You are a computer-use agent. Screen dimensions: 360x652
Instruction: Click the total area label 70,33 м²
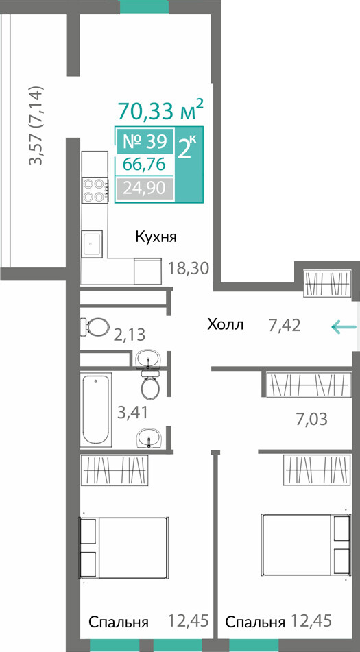pyautogui.click(x=161, y=109)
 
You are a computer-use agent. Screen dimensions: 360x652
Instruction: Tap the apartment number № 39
pyautogui.click(x=145, y=142)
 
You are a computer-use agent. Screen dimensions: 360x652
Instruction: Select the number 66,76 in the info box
pyautogui.click(x=145, y=165)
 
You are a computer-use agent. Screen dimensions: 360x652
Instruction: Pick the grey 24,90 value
pyautogui.click(x=145, y=189)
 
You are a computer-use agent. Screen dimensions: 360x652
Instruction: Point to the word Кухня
pyautogui.click(x=156, y=237)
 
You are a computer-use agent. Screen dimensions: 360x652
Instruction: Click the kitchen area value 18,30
pyautogui.click(x=188, y=268)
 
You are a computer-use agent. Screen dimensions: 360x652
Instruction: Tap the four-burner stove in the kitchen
pyautogui.click(x=95, y=190)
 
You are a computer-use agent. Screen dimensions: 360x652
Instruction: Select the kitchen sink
pyautogui.click(x=91, y=244)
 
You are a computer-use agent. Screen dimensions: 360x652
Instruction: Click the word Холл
pyautogui.click(x=226, y=324)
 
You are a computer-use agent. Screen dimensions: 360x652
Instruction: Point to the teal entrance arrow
pyautogui.click(x=344, y=327)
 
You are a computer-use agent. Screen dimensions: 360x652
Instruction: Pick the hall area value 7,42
pyautogui.click(x=285, y=325)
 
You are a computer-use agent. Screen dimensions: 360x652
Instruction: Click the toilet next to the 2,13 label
pyautogui.click(x=93, y=326)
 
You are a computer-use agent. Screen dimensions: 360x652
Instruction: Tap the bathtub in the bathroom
pyautogui.click(x=96, y=409)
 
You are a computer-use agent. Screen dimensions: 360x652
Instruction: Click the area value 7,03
pyautogui.click(x=312, y=419)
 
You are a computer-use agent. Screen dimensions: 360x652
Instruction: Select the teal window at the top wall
pyautogui.click(x=144, y=7)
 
